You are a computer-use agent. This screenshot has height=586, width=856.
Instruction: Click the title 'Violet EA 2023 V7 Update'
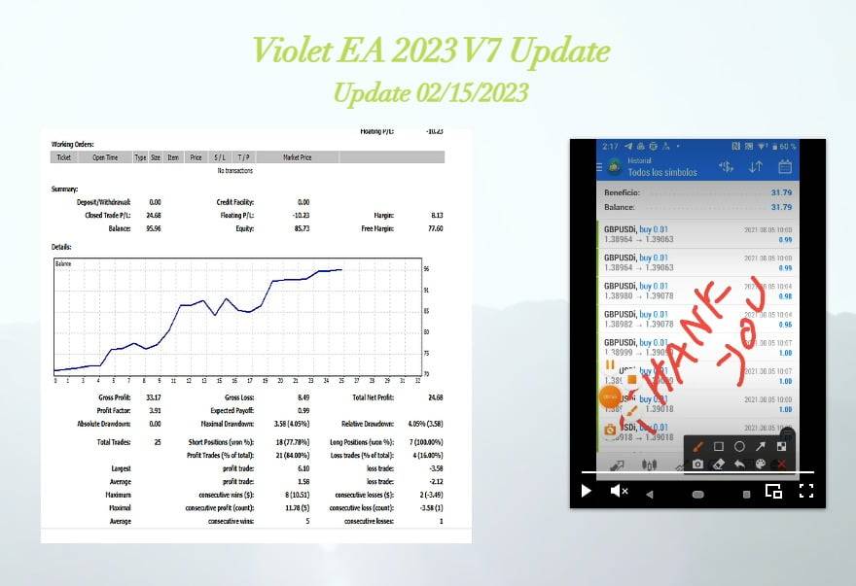pyautogui.click(x=430, y=51)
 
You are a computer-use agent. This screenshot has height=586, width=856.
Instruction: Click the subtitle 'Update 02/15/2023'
pyautogui.click(x=430, y=92)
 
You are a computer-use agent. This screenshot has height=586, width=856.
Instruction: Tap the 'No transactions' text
pyautogui.click(x=234, y=170)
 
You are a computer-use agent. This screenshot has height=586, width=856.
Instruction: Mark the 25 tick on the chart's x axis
pyautogui.click(x=341, y=381)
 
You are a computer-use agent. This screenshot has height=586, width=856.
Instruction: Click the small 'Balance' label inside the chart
pyautogui.click(x=63, y=264)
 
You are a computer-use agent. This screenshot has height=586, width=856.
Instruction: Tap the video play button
pyautogui.click(x=586, y=491)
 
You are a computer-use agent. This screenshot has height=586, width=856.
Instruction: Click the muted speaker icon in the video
pyautogui.click(x=619, y=491)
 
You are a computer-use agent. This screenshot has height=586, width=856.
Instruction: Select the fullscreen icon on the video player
pyautogui.click(x=805, y=491)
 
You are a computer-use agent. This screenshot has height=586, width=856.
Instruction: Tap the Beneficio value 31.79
pyautogui.click(x=781, y=192)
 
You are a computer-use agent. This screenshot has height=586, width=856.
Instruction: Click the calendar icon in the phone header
pyautogui.click(x=785, y=167)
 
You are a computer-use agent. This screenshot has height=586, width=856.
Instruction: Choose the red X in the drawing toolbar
pyautogui.click(x=781, y=465)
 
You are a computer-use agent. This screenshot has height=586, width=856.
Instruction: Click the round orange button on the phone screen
pyautogui.click(x=610, y=396)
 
